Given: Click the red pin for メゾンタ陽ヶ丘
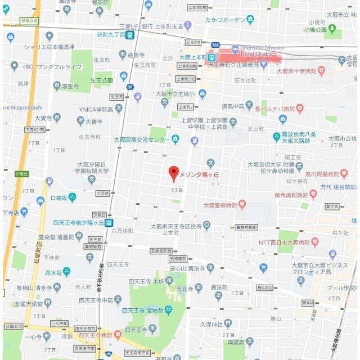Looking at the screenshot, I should pos(174,172).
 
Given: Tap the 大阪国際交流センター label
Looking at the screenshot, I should pos(142,139).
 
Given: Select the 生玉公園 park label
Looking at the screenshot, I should pos(102,80).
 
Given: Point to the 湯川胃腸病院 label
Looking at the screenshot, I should pos(326,174).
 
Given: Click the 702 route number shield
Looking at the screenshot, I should pos(216,44).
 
